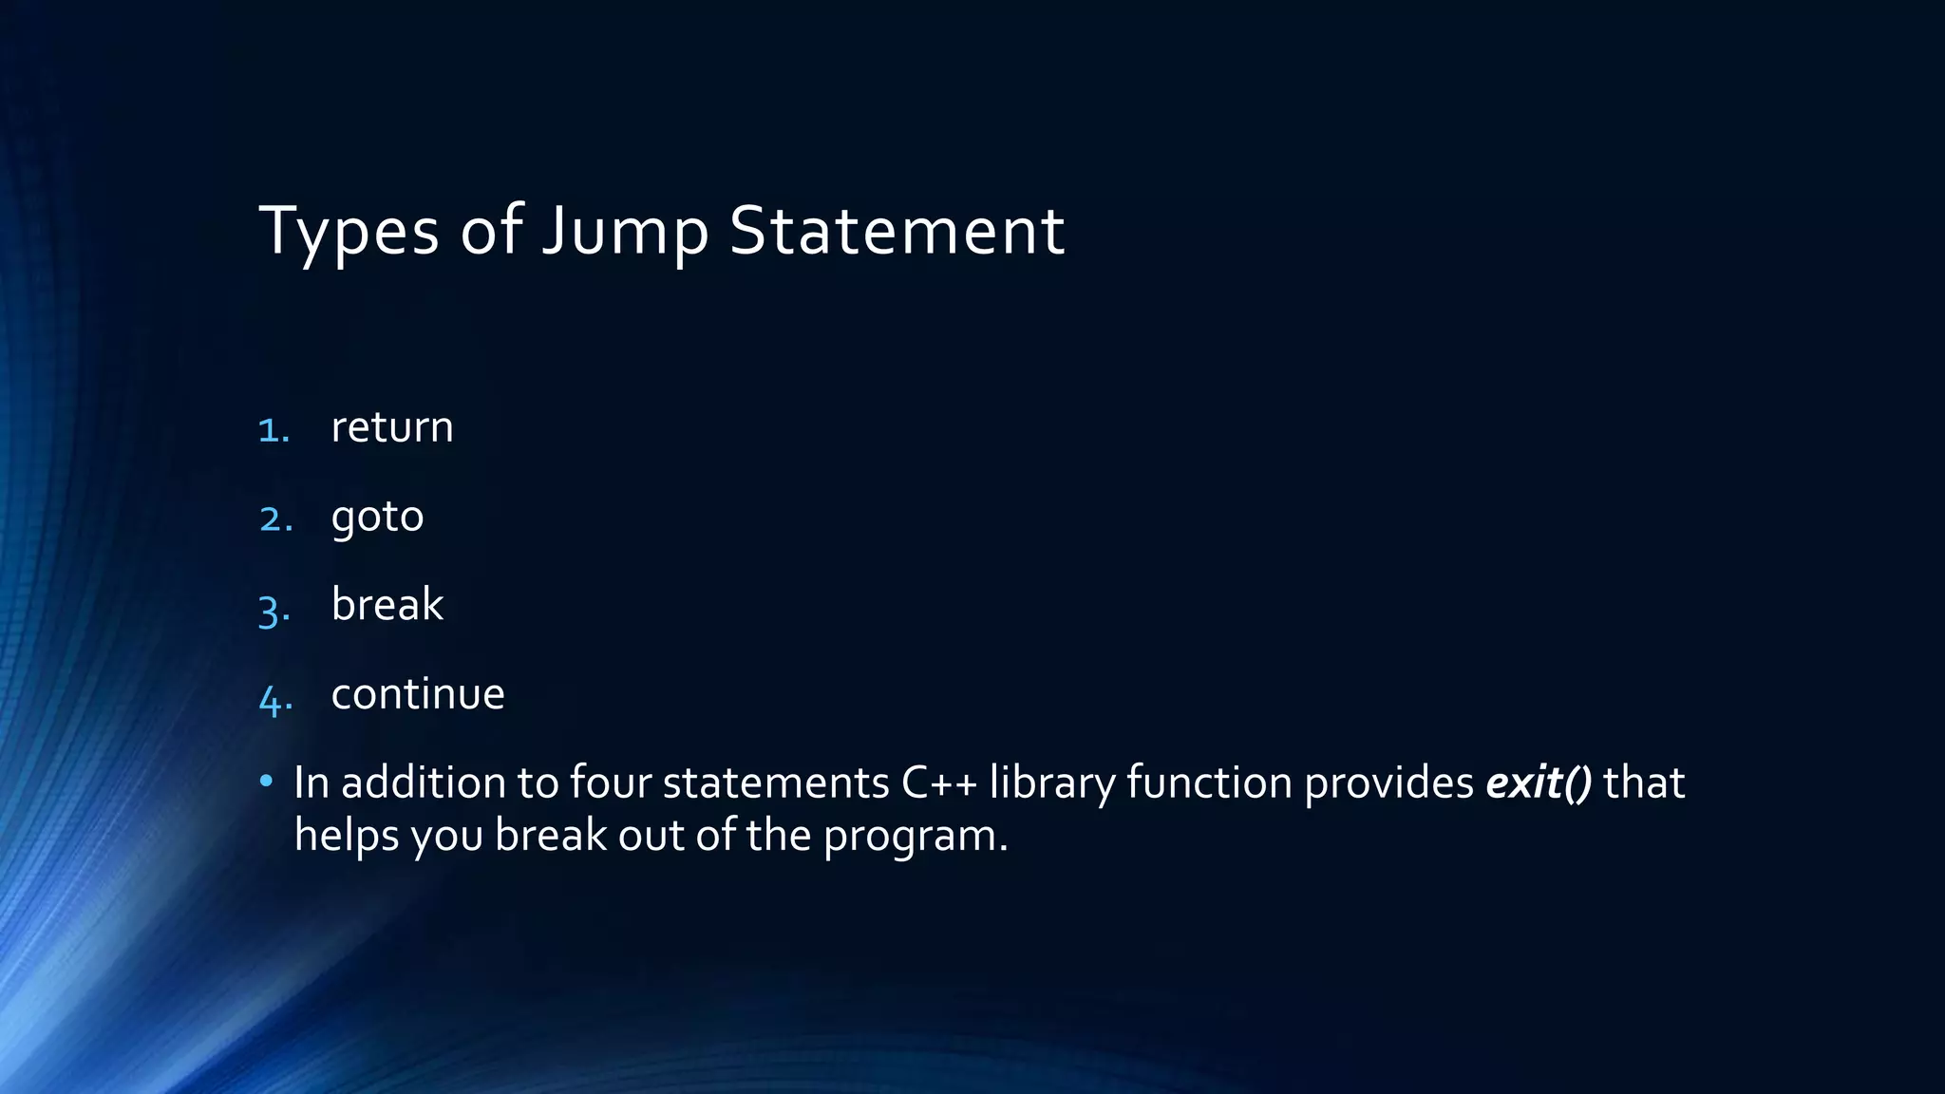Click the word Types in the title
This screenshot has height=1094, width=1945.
[x=349, y=231]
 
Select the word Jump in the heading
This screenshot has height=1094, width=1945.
[x=625, y=231]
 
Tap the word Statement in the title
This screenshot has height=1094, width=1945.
[x=897, y=231]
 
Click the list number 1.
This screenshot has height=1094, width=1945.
[x=274, y=430]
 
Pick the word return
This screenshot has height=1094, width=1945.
[x=391, y=427]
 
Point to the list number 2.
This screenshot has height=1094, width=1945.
[x=275, y=519]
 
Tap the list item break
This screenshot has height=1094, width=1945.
[x=387, y=605]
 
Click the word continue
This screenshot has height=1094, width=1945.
[x=417, y=694]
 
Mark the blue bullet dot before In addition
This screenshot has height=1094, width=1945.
[x=267, y=782]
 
